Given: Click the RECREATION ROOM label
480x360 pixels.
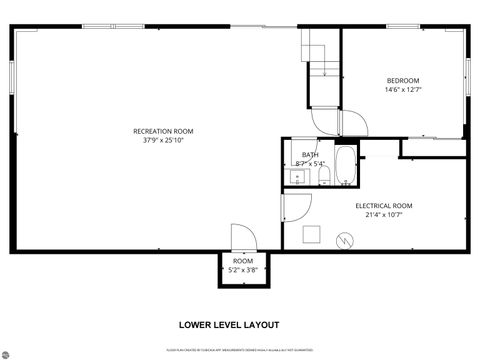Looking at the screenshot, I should (163, 131).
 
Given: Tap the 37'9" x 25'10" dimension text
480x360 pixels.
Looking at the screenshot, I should (163, 141).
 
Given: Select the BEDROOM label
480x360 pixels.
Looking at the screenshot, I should (403, 80).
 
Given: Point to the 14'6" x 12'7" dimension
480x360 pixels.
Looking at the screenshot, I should (403, 90).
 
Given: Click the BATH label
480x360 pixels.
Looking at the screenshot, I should (310, 154).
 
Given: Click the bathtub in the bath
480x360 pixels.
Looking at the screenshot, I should (345, 167).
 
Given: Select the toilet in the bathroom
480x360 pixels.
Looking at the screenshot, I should (324, 177).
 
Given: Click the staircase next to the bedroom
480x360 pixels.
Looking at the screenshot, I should (321, 55).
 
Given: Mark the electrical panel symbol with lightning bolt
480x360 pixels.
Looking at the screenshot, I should (346, 240).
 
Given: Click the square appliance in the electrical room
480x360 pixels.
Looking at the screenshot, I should (312, 235).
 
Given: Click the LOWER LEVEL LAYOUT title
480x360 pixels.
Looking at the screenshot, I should (229, 324).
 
